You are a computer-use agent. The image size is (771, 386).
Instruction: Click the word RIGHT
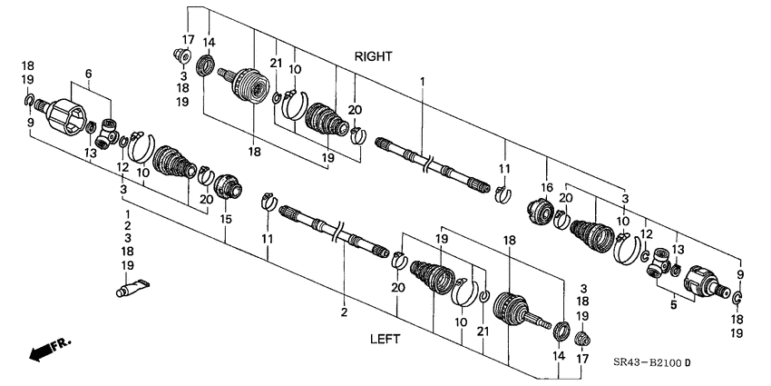pos(373,56)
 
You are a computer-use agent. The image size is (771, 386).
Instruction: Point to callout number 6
pos(88,74)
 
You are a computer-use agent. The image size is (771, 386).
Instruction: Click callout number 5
pos(672,306)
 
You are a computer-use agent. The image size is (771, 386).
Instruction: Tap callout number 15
pos(225,219)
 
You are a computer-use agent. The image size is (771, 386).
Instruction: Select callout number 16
pos(547,187)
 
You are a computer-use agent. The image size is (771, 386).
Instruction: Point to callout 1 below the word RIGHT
pos(422,83)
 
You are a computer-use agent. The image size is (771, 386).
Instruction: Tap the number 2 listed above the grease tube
pos(127,225)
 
